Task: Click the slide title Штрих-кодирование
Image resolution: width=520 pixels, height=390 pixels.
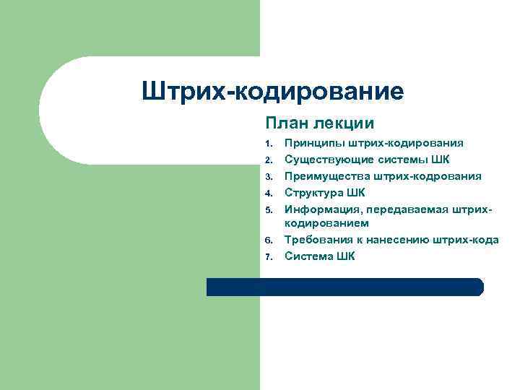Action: [x=273, y=92]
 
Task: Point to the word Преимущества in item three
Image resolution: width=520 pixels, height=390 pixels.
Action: [x=326, y=175]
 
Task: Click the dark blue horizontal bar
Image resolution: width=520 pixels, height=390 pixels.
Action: [x=344, y=287]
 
